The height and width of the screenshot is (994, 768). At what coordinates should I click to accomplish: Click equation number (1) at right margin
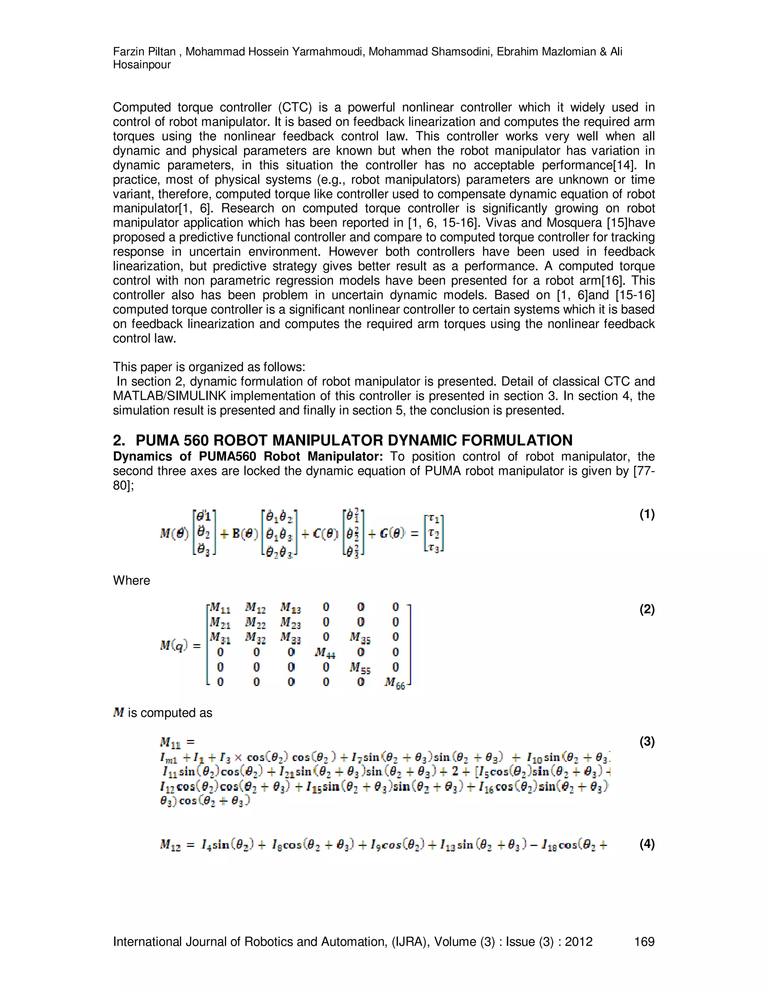coord(646,515)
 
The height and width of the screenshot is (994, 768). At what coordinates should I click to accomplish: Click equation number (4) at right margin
coord(646,844)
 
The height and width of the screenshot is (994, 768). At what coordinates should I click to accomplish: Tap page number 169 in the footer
coord(644,941)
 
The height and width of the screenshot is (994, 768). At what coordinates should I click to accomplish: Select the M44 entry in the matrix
coord(325,653)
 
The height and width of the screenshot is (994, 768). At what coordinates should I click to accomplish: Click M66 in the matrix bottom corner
coord(394,683)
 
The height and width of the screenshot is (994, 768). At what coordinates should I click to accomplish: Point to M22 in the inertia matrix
coord(255,622)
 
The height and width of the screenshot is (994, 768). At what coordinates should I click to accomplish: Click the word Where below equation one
coord(132,581)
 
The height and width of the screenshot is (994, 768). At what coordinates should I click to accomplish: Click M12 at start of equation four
coord(170,845)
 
